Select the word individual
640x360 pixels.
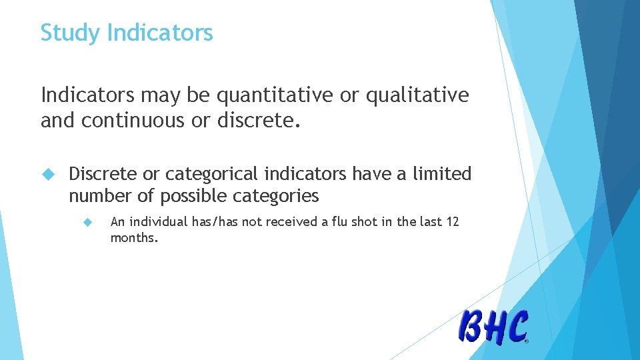click(x=155, y=222)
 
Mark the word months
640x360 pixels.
click(x=134, y=237)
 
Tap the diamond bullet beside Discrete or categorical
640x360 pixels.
click(x=47, y=175)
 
